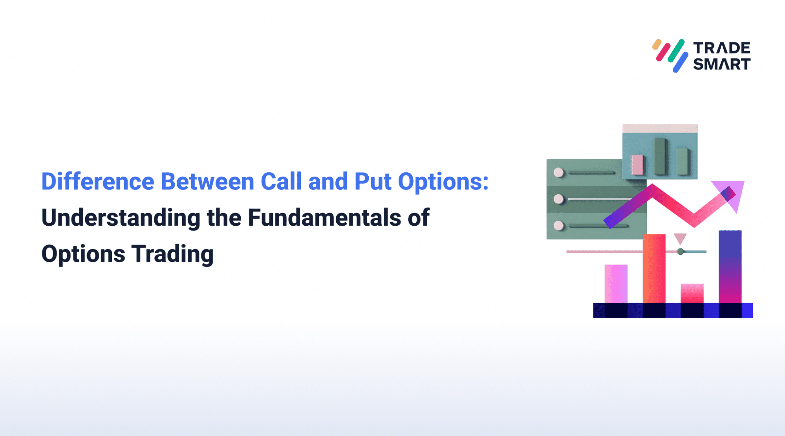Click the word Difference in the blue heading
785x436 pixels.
[x=98, y=182]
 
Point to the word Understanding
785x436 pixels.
[x=121, y=218]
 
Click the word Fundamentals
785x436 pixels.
[x=324, y=217]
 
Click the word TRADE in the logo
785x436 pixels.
[x=722, y=48]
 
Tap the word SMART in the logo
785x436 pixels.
[x=722, y=64]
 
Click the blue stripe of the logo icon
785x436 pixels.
[x=681, y=62]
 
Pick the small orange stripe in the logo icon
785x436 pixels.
[x=657, y=44]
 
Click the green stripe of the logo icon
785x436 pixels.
[x=676, y=50]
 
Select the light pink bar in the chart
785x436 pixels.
[x=615, y=283]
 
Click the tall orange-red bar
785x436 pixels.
[x=654, y=268]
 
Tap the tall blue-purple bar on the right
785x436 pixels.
[x=730, y=266]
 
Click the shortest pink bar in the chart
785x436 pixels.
[x=692, y=293]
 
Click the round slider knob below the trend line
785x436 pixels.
[x=681, y=252]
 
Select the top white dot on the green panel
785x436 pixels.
[x=558, y=172]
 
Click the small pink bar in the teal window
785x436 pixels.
[x=637, y=164]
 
